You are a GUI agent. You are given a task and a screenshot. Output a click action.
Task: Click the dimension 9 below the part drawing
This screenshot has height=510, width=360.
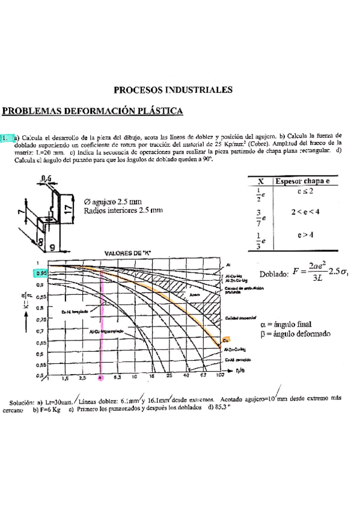53,246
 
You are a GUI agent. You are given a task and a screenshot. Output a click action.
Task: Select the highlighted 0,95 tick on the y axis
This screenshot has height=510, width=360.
40,272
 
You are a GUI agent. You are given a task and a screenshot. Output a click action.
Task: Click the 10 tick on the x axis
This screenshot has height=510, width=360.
135,377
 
